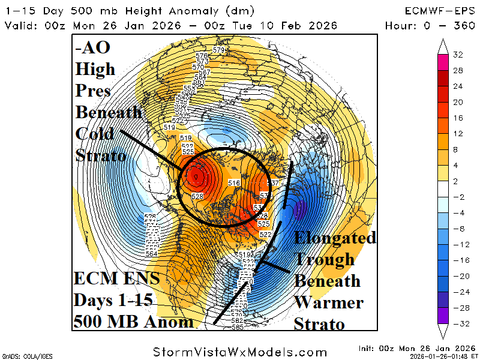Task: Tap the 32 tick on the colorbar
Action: pos(458,55)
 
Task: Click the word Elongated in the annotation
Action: pos(335,238)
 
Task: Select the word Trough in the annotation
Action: pos(324,259)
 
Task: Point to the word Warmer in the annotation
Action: pos(326,302)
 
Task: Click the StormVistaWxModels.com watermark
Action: pos(240,352)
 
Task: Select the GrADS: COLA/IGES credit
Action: pos(24,356)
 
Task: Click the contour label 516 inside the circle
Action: pos(234,182)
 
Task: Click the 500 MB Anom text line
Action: pos(133,322)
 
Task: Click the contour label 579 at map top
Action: pos(218,50)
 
